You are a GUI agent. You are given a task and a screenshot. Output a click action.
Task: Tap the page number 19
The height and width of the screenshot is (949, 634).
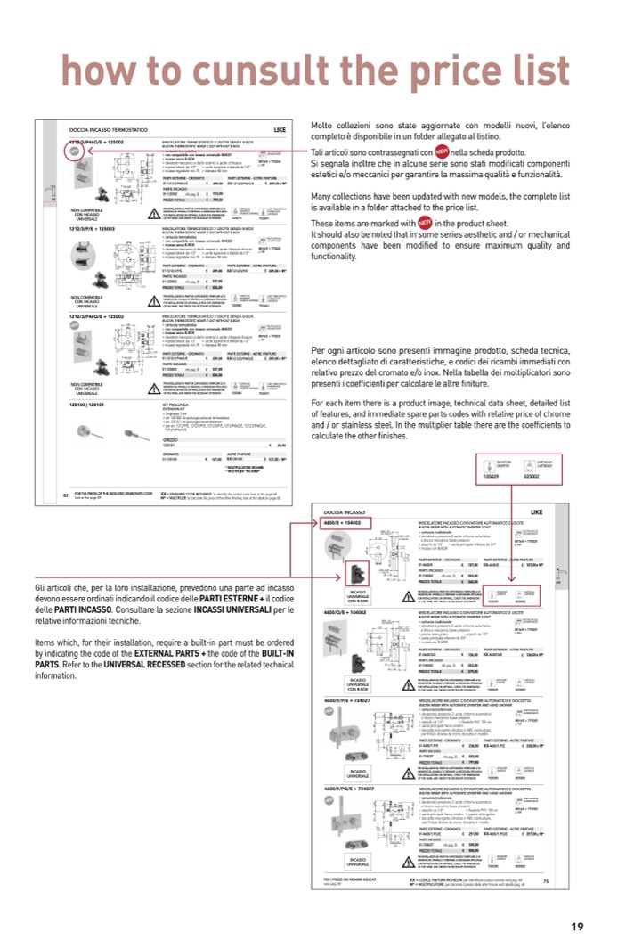[577, 926]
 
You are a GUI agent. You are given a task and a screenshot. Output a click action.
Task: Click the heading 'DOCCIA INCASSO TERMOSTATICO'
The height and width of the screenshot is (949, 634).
[103, 130]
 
